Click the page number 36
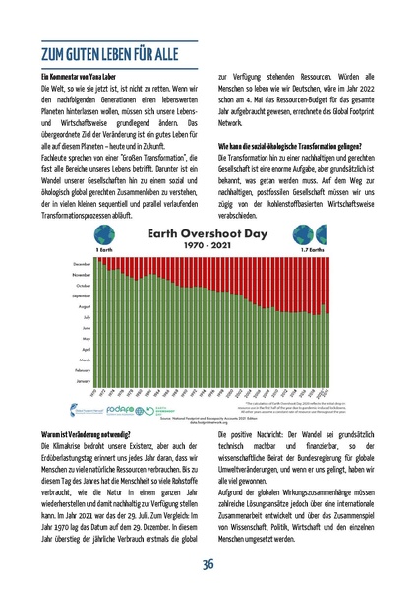point(208,563)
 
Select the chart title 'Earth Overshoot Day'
point(208,236)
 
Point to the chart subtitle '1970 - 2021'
point(208,250)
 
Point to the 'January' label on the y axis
point(83,379)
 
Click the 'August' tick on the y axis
point(83,306)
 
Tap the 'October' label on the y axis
point(82,286)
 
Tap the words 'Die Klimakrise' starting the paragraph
point(60,445)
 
